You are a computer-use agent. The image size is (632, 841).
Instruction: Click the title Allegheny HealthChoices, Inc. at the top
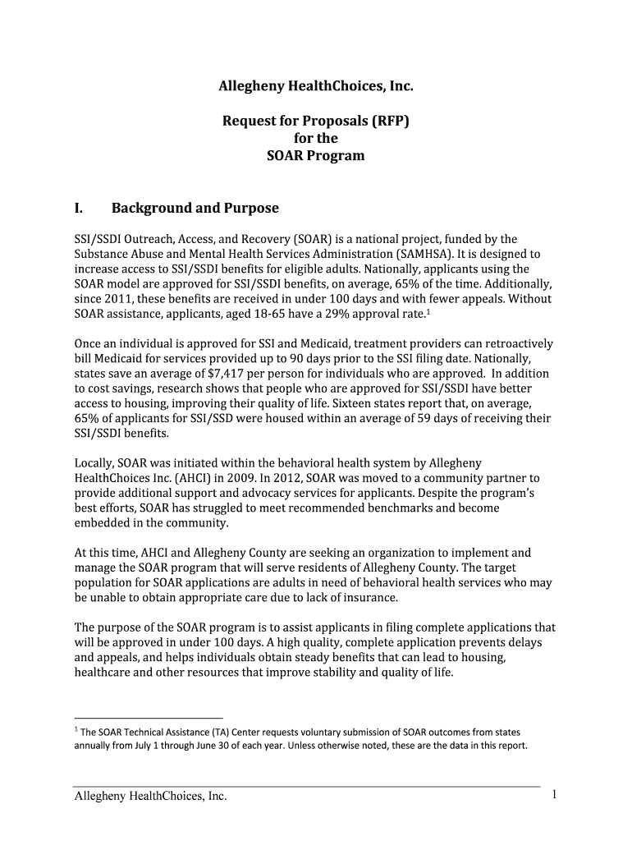click(315, 85)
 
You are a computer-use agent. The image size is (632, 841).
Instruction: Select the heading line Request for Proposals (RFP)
click(315, 122)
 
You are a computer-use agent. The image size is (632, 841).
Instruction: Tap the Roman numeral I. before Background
click(79, 208)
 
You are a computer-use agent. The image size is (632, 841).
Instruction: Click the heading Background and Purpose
click(195, 208)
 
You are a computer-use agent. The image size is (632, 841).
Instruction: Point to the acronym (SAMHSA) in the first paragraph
click(433, 254)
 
